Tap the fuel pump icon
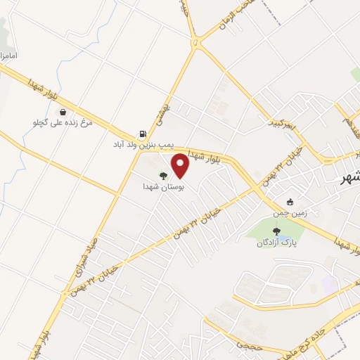[143, 134]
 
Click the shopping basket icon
[63, 112]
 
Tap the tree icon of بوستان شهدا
[163, 176]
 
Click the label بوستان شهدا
[163, 187]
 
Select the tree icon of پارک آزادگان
[276, 230]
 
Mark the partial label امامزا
[9, 55]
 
